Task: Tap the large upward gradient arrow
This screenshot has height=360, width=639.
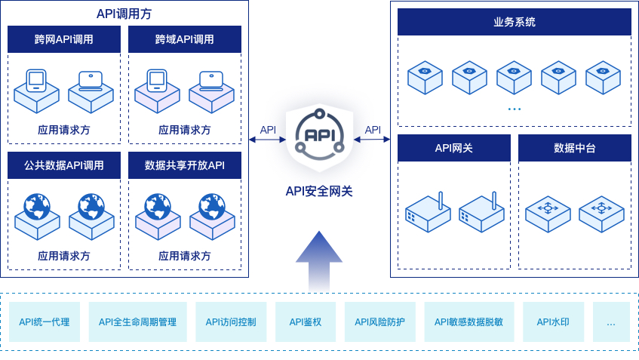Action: coord(318,260)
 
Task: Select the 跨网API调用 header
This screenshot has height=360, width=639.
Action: coord(64,39)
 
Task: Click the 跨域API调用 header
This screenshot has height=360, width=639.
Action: coord(185,39)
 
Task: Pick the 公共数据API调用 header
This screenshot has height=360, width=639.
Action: coord(64,165)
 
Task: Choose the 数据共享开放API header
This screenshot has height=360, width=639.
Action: coord(185,165)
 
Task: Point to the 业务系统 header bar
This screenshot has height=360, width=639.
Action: coord(514,22)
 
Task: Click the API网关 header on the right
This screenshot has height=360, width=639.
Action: coord(454,148)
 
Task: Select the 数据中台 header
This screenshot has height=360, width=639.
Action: coord(574,148)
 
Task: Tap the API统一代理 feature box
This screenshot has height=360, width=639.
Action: coord(44,322)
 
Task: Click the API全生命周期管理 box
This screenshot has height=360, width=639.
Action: coord(137,322)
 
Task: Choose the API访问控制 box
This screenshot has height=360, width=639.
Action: coord(231,322)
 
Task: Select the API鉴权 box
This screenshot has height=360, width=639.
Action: coord(306,322)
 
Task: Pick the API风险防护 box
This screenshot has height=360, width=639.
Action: coord(379,322)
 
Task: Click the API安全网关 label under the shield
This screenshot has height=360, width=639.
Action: coord(318,191)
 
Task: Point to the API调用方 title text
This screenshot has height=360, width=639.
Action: coord(123,13)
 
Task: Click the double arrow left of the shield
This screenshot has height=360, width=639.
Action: coord(267,139)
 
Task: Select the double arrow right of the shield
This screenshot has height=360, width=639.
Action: coord(372,139)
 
